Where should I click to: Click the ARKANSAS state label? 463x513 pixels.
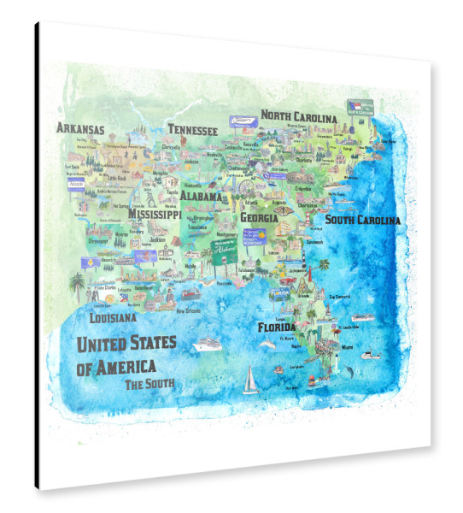80,129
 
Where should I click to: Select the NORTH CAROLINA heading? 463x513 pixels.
304,115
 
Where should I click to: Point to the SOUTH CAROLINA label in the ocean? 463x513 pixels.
362,220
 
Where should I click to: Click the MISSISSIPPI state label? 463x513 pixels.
154,215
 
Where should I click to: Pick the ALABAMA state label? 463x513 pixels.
201,196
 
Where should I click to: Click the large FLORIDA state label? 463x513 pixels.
277,327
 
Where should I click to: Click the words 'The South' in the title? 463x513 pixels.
149,384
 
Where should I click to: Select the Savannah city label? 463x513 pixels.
316,240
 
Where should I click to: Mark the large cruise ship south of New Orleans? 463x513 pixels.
208,345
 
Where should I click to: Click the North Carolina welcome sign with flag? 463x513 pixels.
358,107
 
